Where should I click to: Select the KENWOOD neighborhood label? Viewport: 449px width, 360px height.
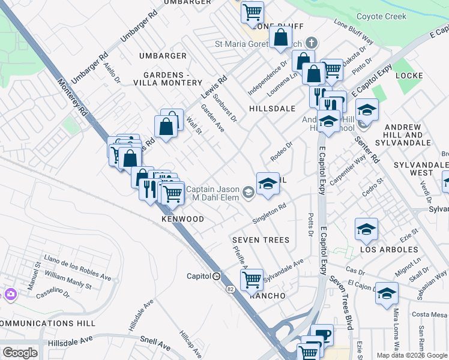pos(183,219)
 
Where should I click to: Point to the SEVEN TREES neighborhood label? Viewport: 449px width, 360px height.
pos(261,240)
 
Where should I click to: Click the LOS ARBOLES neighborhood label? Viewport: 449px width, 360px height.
pos(389,249)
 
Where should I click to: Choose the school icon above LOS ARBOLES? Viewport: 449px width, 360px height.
pos(366,229)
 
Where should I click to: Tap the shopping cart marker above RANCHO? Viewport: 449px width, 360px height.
pos(252,279)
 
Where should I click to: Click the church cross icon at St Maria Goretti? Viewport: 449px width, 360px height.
pos(310,43)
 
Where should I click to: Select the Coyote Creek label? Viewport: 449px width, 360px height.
pos(382,17)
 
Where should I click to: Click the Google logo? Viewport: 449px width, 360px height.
pos(20,353)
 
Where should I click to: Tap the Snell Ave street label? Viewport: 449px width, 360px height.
pos(156,344)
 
